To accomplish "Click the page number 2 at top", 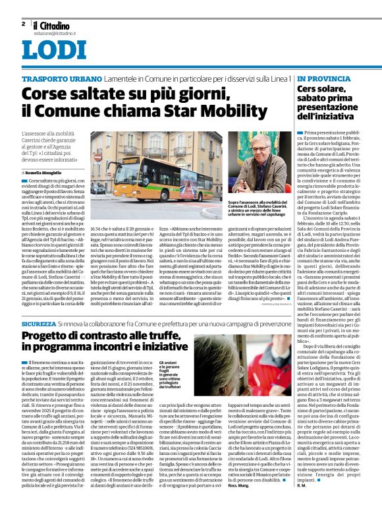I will [x=23, y=24].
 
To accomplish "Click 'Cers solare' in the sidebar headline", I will [x=322, y=89].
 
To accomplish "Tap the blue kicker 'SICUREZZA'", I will [x=38, y=324].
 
